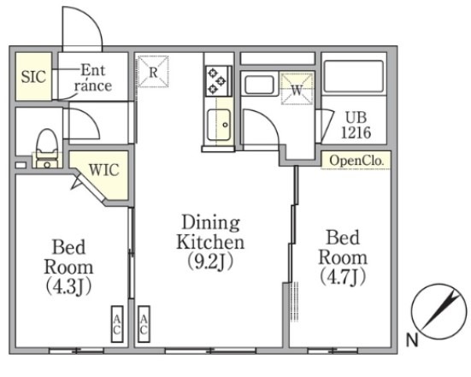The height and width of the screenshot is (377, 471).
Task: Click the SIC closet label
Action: click(x=33, y=77)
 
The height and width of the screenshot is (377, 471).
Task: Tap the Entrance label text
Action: click(x=93, y=78)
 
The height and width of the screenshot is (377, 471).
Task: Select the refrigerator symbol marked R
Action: click(x=153, y=72)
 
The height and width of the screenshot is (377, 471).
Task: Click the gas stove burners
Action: click(x=217, y=80)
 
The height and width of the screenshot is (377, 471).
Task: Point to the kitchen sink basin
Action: click(x=220, y=125)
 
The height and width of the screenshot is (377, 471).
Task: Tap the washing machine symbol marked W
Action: click(x=297, y=89)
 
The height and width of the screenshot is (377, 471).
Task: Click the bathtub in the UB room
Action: click(x=354, y=77)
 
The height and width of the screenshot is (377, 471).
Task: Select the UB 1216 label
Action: click(x=356, y=125)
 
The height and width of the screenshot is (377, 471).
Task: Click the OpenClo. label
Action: click(x=356, y=161)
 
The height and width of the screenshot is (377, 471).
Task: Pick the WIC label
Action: click(x=104, y=170)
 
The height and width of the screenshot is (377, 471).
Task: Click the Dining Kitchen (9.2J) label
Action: click(x=210, y=242)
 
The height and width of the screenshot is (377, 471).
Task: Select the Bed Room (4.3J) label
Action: click(x=68, y=267)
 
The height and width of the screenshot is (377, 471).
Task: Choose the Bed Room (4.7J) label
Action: click(x=343, y=257)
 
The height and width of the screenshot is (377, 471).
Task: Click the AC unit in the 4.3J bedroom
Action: click(x=117, y=324)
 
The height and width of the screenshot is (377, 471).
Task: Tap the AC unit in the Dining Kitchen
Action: click(x=144, y=324)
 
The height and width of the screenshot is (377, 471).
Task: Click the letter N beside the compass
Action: click(x=412, y=340)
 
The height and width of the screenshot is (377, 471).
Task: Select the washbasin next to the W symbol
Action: click(x=259, y=85)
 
